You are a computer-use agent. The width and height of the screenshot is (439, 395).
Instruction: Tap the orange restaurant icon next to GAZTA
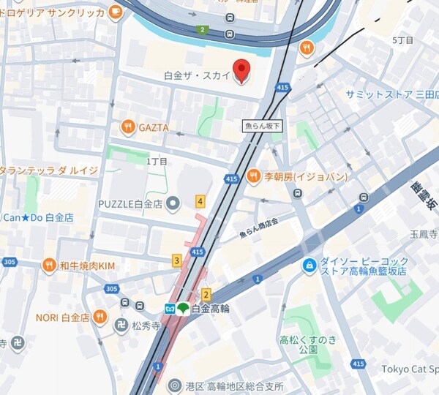pos(128,127)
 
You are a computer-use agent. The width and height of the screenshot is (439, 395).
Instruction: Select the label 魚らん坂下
pos(263,127)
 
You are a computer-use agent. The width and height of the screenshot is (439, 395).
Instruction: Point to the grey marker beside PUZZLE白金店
pos(173,203)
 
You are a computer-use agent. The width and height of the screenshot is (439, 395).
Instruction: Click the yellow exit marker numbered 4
pos(200,201)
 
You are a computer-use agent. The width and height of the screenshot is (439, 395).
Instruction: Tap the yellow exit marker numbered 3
pos(176,260)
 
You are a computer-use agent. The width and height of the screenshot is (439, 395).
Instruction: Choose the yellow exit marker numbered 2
pos(206,295)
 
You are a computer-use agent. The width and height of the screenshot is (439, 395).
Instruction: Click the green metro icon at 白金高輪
pos(181,309)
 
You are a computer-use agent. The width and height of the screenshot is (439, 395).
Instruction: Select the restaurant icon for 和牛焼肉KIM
pos(49,265)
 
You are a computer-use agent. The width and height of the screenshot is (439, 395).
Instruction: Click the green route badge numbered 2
pos(201,30)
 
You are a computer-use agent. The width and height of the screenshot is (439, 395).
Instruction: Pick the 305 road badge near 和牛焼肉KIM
pos(111,289)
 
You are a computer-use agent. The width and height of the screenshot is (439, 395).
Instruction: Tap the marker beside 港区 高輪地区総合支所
pos(175,385)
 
